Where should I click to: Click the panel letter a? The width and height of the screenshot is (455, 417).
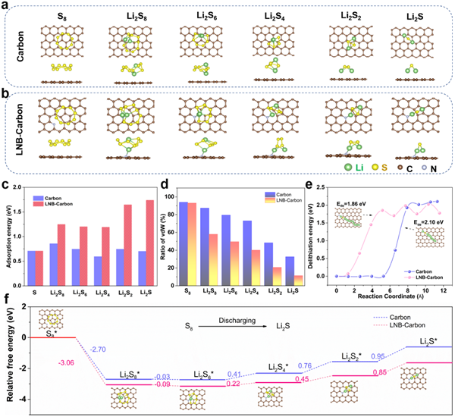click(x=7, y=7)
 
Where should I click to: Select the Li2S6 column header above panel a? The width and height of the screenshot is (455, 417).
click(x=195, y=14)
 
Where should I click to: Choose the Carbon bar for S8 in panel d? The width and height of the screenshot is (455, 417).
click(x=184, y=237)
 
